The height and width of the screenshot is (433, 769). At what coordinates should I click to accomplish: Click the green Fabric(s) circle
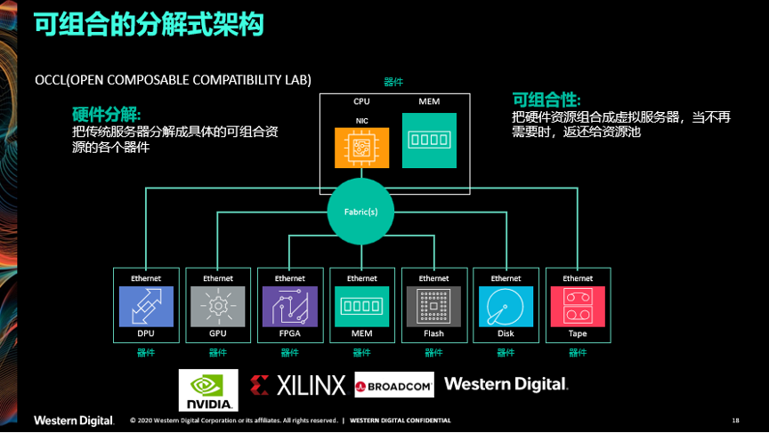tap(361, 212)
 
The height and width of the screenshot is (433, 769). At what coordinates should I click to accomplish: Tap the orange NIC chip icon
tap(362, 148)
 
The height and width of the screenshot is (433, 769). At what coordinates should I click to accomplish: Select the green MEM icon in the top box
tap(429, 140)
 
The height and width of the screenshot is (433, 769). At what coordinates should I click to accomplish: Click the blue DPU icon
tap(146, 307)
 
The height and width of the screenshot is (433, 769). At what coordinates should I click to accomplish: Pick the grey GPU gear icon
tap(218, 307)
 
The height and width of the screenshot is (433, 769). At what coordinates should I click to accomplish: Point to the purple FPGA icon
tap(290, 307)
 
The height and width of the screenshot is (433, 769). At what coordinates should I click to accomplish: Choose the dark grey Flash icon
tap(433, 307)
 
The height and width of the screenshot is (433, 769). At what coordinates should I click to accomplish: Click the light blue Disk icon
tap(506, 307)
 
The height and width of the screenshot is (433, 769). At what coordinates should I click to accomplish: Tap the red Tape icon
tap(578, 307)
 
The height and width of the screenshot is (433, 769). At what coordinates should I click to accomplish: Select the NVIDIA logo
tap(208, 390)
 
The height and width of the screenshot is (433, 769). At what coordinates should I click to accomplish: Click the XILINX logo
tap(297, 386)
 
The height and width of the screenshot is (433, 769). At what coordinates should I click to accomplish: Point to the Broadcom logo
tap(394, 385)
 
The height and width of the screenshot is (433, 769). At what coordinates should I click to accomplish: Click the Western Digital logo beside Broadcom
tap(506, 384)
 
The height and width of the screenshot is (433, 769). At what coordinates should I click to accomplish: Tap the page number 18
tap(736, 421)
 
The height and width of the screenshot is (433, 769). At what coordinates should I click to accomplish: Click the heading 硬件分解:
tap(107, 115)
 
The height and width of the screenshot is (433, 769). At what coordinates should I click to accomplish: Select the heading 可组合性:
tap(546, 100)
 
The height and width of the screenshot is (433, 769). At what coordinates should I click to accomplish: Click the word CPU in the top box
tap(361, 101)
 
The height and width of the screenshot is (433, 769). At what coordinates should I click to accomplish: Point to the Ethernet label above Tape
tap(578, 278)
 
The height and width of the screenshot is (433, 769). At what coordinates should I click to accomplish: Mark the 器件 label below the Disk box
tap(506, 353)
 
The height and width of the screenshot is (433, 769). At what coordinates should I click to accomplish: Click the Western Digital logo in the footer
tap(74, 421)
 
